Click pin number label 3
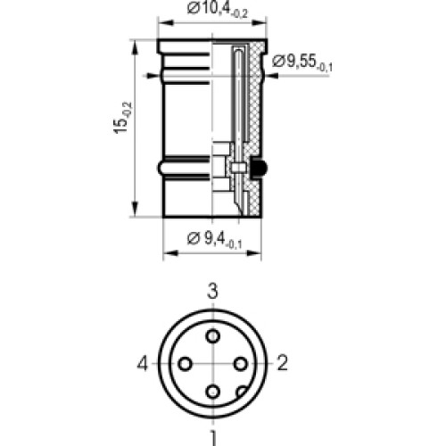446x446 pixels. [213, 291]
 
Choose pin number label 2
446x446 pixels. [283, 363]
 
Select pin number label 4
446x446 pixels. [143, 363]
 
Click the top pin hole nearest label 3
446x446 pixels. [213, 335]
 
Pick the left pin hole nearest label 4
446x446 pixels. [185, 364]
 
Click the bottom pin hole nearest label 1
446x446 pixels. [213, 392]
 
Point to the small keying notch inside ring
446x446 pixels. [241, 391]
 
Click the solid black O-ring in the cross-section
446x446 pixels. [260, 168]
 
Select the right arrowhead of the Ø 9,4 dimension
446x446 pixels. [261, 253]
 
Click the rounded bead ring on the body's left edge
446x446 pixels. [161, 167]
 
